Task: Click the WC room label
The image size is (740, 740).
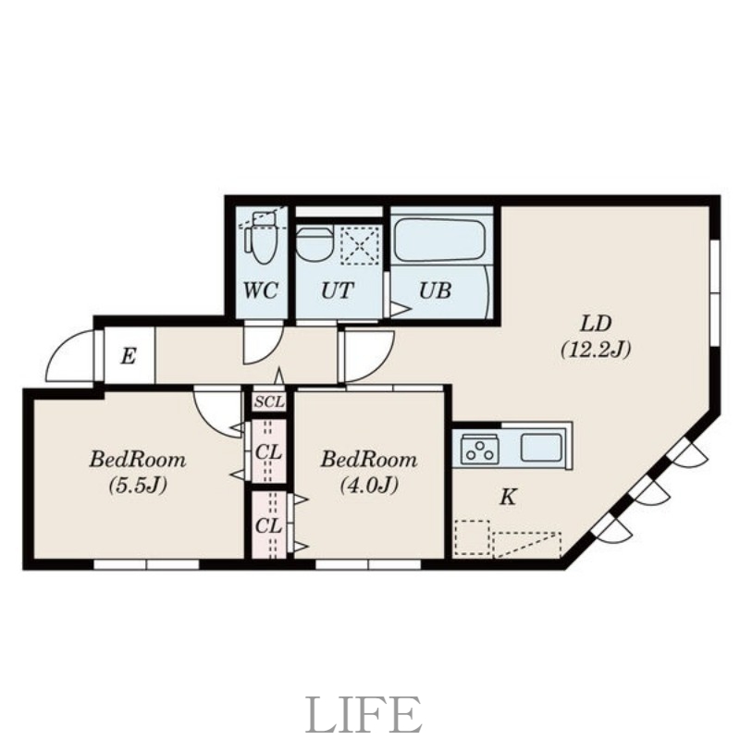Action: (x=261, y=290)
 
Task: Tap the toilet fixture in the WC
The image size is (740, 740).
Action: (x=262, y=238)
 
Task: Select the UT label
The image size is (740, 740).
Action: (x=337, y=290)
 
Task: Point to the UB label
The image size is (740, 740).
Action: (x=435, y=290)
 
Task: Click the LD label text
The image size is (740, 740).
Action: (x=596, y=324)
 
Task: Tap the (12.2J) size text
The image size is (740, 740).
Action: (x=596, y=350)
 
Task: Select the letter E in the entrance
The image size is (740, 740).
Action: (x=128, y=356)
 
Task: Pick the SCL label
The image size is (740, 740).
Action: (x=269, y=402)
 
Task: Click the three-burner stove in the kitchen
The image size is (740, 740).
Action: (x=480, y=449)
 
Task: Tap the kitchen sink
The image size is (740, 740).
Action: (x=541, y=448)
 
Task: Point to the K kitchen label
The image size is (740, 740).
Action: (x=507, y=497)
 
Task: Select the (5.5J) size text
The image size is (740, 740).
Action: (x=138, y=485)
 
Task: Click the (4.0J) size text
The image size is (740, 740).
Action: (x=369, y=485)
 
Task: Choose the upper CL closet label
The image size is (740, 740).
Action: (x=268, y=452)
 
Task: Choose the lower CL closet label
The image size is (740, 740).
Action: (x=268, y=525)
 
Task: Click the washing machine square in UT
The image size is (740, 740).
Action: (x=360, y=245)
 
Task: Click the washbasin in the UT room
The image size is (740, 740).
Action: (x=314, y=242)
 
